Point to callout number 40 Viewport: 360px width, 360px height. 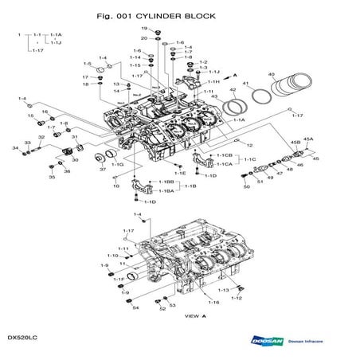(x=272, y=75)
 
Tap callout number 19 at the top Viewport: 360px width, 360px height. (x=145, y=29)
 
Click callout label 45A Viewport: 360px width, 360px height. (x=308, y=139)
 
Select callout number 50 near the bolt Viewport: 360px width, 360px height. (x=246, y=186)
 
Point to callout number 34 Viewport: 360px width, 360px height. (x=15, y=148)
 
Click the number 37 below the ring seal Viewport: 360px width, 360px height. (x=103, y=170)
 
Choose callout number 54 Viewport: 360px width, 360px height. (x=135, y=307)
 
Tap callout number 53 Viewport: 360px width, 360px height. (x=173, y=304)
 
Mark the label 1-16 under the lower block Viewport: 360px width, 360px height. (x=213, y=303)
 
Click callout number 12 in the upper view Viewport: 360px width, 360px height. (x=248, y=145)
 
